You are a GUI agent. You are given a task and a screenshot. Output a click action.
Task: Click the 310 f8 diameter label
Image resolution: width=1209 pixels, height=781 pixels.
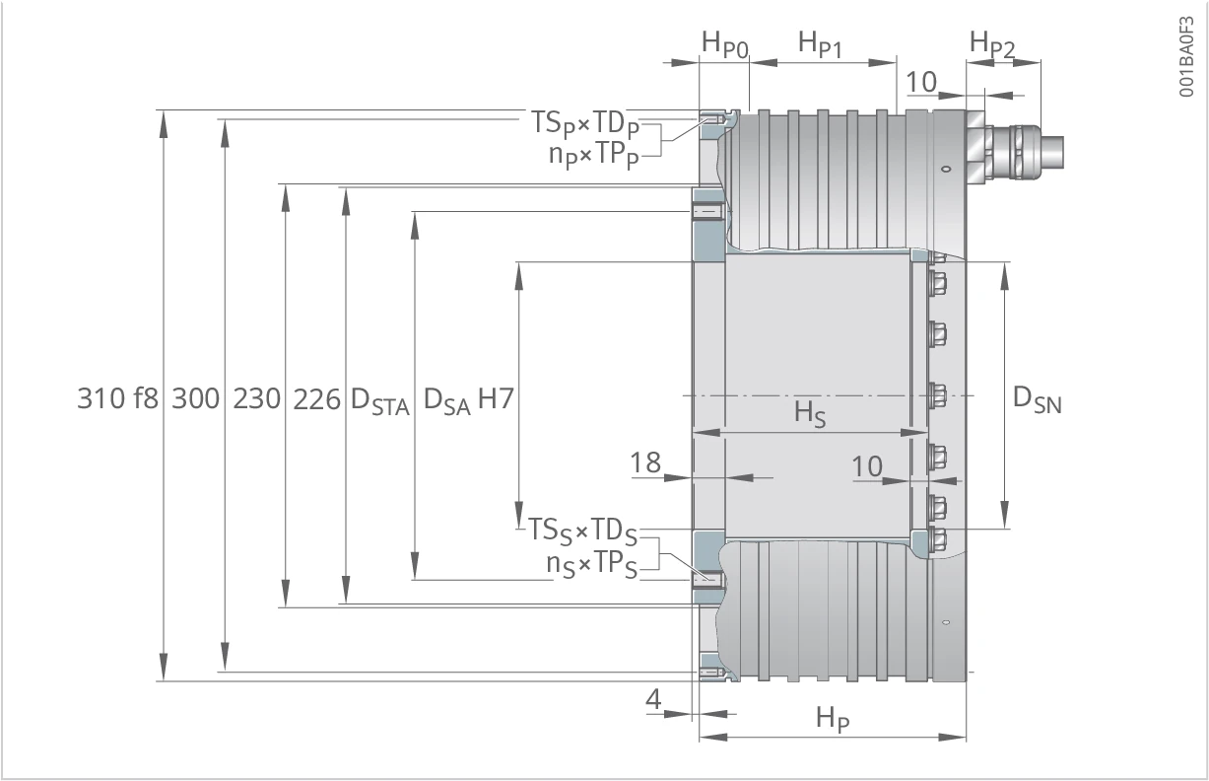pos(117,398)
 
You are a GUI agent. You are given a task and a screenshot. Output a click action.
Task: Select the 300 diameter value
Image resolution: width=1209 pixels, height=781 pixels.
pos(195,398)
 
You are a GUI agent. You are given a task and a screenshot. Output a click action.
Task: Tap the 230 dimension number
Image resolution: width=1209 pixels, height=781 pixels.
pos(256,398)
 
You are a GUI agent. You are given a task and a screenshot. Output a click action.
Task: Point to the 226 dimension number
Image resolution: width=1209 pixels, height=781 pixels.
pos(317,399)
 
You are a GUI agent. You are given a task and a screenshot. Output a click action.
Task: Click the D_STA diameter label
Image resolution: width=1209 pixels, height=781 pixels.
pos(380,401)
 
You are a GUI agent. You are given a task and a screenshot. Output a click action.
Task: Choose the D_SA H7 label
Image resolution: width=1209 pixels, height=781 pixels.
pos(468,400)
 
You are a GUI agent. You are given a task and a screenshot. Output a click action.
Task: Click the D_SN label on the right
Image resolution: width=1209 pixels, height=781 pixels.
pos(1038,399)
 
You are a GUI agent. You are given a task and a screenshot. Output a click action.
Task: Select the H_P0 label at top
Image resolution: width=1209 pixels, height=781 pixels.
pos(725,44)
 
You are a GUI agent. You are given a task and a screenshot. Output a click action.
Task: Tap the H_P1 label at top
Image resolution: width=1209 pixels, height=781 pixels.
pos(820,43)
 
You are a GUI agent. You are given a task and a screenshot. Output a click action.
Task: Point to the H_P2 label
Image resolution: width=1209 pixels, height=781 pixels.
pos(992,43)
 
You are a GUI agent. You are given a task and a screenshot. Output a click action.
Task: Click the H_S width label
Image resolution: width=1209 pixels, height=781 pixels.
pos(810,414)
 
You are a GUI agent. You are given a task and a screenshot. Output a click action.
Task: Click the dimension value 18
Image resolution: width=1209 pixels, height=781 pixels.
pos(645,462)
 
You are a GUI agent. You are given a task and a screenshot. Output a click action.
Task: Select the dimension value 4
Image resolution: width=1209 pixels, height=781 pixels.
pos(653,699)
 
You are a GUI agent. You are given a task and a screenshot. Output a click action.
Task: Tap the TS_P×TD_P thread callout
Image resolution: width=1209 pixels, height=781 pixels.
pos(585,123)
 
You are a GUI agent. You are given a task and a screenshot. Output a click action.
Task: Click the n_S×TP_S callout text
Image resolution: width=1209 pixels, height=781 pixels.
pos(591,565)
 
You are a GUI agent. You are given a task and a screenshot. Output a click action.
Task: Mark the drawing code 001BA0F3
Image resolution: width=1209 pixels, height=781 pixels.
pos(1185,57)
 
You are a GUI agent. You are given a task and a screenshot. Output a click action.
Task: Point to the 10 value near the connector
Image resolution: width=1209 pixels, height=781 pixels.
pos(920,83)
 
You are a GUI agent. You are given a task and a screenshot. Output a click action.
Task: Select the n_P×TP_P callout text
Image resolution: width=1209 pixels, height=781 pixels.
pos(594,156)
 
